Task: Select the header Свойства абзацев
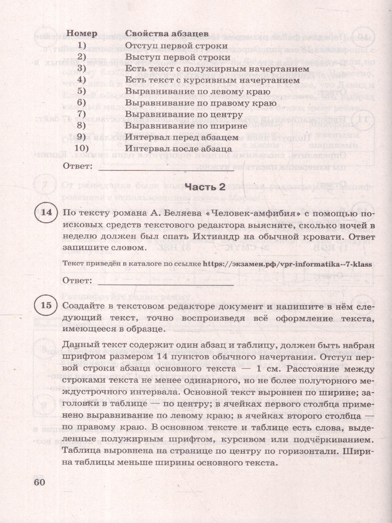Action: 166,34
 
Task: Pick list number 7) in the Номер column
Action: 82,115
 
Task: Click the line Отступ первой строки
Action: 176,45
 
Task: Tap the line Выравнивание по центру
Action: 183,115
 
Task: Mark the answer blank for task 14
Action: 166,282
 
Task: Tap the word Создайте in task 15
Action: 84,308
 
